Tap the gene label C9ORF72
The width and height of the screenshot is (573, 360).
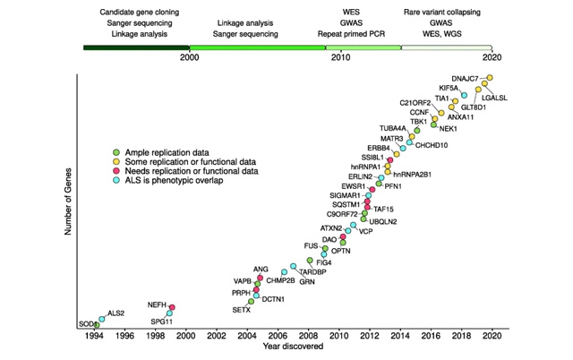coord(345,214)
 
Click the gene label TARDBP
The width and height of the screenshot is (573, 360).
coord(312,271)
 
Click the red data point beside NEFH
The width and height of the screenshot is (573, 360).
coord(172,308)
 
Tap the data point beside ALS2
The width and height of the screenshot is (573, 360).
coord(101,318)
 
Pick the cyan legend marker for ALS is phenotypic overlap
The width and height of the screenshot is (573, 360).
coord(103,181)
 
